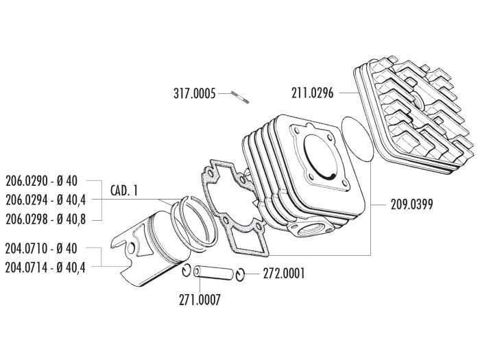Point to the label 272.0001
pyautogui.click(x=284, y=274)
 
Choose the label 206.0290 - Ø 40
pyautogui.click(x=42, y=181)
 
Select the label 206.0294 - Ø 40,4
pyautogui.click(x=47, y=199)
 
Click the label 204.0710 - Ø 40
pyautogui.click(x=42, y=251)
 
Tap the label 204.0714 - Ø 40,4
pyautogui.click(x=47, y=268)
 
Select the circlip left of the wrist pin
pyautogui.click(x=187, y=269)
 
